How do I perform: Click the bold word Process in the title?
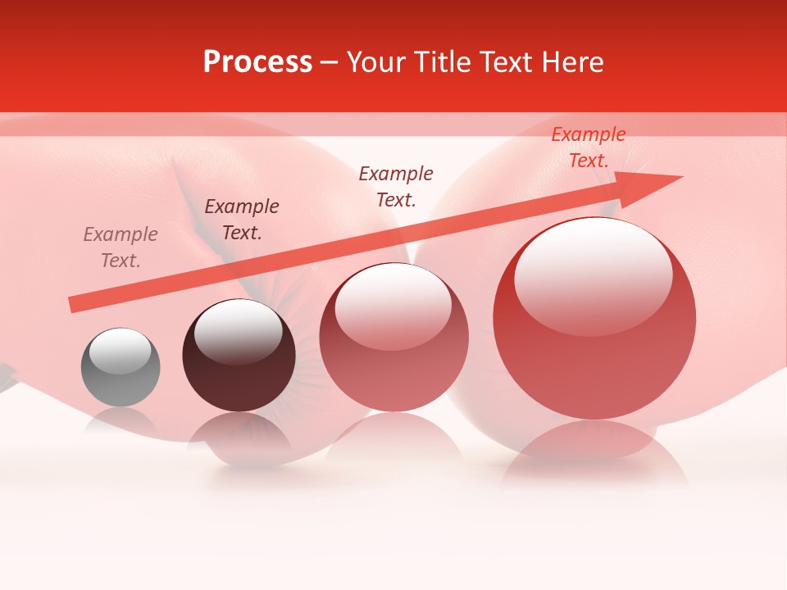(x=257, y=62)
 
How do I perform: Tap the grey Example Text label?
(x=121, y=247)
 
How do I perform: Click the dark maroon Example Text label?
(x=242, y=220)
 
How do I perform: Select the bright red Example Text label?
(x=589, y=147)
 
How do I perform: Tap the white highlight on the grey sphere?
(x=120, y=352)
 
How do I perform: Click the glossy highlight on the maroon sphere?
(x=238, y=332)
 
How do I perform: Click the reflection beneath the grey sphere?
(x=120, y=421)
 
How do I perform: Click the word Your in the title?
(x=375, y=62)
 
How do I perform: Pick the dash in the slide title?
(x=330, y=62)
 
